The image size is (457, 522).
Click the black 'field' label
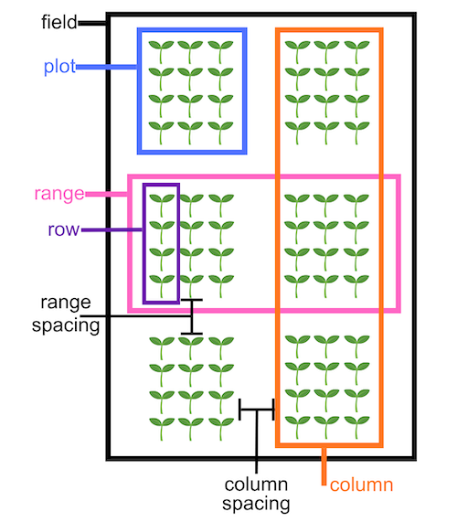point(58,22)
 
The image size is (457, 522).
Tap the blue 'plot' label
point(59,67)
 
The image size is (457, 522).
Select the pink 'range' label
point(59,194)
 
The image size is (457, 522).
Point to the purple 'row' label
point(64,229)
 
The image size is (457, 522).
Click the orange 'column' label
point(361,485)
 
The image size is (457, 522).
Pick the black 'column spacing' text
point(256,494)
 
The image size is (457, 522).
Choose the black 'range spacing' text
point(66,314)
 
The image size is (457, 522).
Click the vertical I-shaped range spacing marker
point(192,316)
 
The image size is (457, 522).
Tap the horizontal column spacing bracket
point(257,410)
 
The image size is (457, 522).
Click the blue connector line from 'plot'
point(107,67)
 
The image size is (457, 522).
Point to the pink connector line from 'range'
point(107,194)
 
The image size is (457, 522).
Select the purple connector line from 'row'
point(112,229)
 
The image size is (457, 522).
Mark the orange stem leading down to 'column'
point(324,466)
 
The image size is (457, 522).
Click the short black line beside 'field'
point(92,23)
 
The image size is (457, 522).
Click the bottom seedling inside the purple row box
point(162,286)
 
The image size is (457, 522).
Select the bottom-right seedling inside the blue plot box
point(220,133)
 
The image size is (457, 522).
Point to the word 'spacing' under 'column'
point(256,504)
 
